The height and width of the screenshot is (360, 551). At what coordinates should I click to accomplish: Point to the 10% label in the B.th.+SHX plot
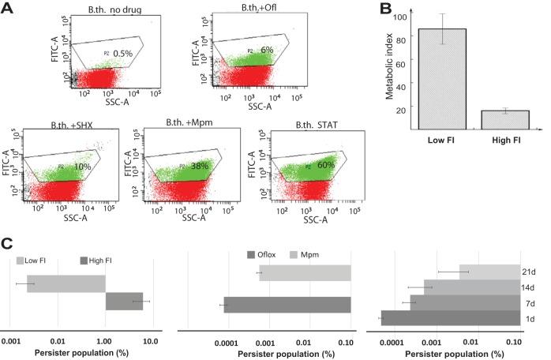click(x=82, y=167)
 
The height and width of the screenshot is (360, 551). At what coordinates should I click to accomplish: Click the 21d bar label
click(x=528, y=272)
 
